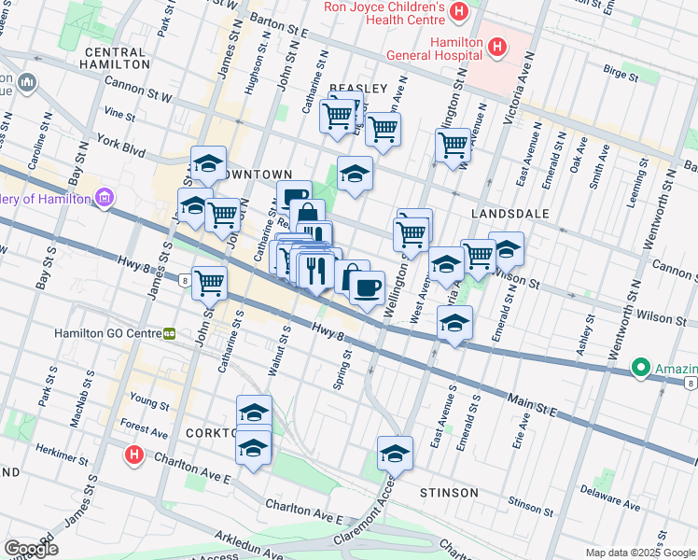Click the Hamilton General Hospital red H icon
496,46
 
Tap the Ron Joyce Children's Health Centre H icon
458,12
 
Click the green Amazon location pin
640,368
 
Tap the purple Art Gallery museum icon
104,198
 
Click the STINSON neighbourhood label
449,492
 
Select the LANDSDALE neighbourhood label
510,214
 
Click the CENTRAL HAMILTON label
116,59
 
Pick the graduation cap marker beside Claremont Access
395,454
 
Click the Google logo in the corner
31,549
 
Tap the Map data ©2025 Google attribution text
639,553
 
